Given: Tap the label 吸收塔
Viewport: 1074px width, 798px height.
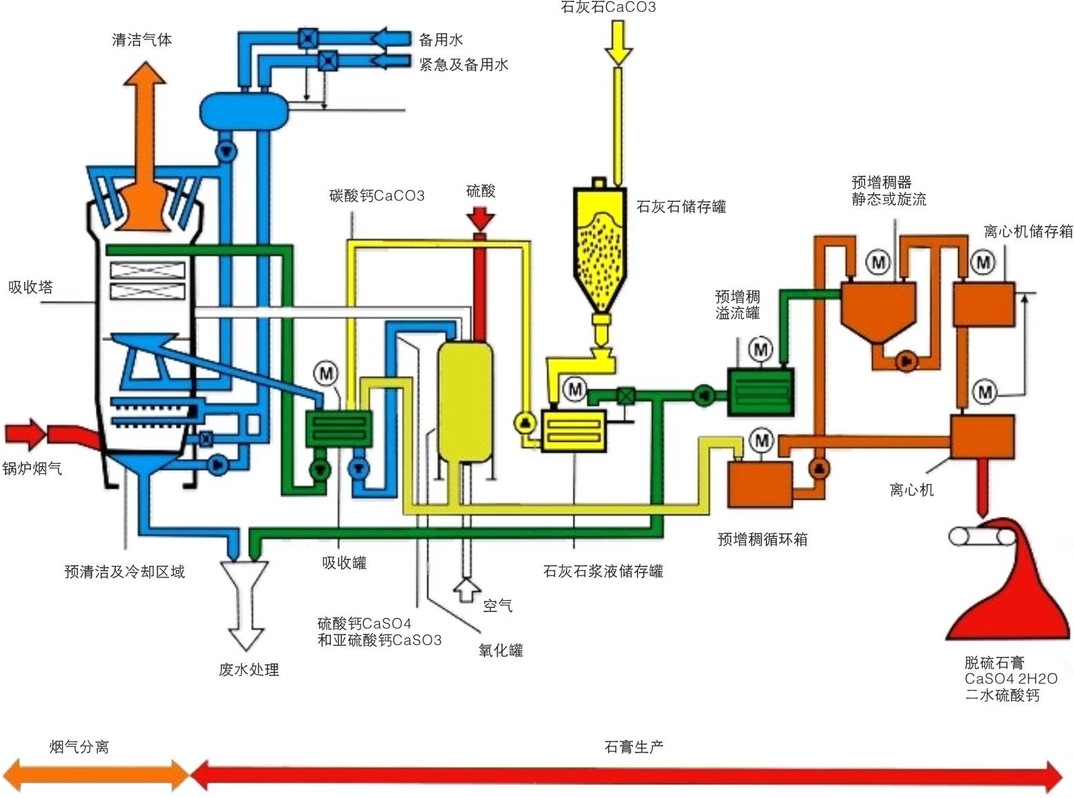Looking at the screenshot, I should click(x=30, y=287).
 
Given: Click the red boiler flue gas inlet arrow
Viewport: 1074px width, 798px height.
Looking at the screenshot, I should click(x=26, y=433).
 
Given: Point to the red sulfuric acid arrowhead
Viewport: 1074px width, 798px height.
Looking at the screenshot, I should click(x=480, y=220).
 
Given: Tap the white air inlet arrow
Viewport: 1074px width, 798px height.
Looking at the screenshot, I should click(x=467, y=591).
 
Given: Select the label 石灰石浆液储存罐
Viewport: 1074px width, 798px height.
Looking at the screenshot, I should click(x=603, y=571).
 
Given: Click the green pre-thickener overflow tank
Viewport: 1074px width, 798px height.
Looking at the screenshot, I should click(x=760, y=392).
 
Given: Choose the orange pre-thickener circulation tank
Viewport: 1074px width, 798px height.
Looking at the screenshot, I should click(x=760, y=484).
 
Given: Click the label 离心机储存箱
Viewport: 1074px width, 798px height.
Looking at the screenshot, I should click(x=1028, y=232).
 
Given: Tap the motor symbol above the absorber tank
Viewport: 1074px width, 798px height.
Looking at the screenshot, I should click(x=326, y=374).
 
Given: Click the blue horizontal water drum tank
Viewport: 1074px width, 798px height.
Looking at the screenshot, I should click(x=244, y=110).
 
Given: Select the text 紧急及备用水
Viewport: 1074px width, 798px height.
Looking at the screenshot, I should click(x=463, y=65).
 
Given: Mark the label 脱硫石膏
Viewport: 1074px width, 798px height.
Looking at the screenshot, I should click(x=994, y=663).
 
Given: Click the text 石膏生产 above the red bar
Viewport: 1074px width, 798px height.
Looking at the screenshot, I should click(x=634, y=747).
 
